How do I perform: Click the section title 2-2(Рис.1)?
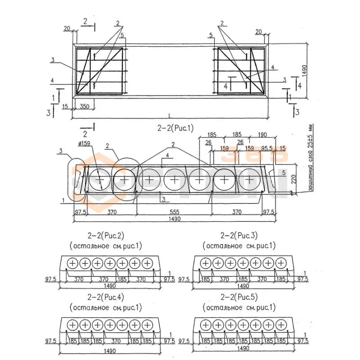(175, 128)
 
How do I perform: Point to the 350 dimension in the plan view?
(84, 107)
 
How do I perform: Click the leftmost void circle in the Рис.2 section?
(72, 263)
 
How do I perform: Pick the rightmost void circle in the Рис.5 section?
(280, 325)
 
